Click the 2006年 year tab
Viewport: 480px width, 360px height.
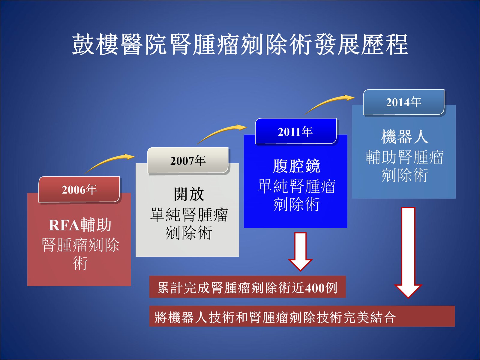[79, 189]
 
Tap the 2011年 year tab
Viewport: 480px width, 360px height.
[296, 131]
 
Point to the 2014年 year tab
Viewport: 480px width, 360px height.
[404, 102]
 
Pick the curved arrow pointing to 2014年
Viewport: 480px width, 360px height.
[328, 103]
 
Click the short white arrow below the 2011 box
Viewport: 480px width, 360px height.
[301, 252]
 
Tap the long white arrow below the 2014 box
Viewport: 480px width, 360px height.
[408, 253]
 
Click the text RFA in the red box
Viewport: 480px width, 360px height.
[64, 225]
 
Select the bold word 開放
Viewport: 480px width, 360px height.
[189, 194]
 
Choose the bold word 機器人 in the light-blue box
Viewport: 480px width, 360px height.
[405, 137]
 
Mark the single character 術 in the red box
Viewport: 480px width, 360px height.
[80, 263]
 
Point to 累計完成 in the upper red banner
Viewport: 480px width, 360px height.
[184, 288]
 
